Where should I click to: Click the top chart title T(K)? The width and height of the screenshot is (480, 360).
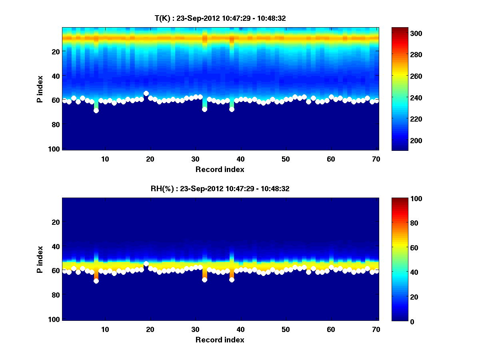pos(220,18)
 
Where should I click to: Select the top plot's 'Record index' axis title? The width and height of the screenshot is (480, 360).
pos(220,169)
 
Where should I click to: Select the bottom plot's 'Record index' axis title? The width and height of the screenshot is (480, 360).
pos(220,340)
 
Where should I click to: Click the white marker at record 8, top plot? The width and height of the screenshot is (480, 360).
pos(96,110)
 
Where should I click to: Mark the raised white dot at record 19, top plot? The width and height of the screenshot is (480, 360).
pos(146,93)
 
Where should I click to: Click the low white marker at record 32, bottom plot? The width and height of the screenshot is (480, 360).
pos(204,280)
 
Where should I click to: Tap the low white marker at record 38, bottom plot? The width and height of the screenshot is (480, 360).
pos(232,280)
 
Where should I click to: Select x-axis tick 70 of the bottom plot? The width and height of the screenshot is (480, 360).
pos(376,329)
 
